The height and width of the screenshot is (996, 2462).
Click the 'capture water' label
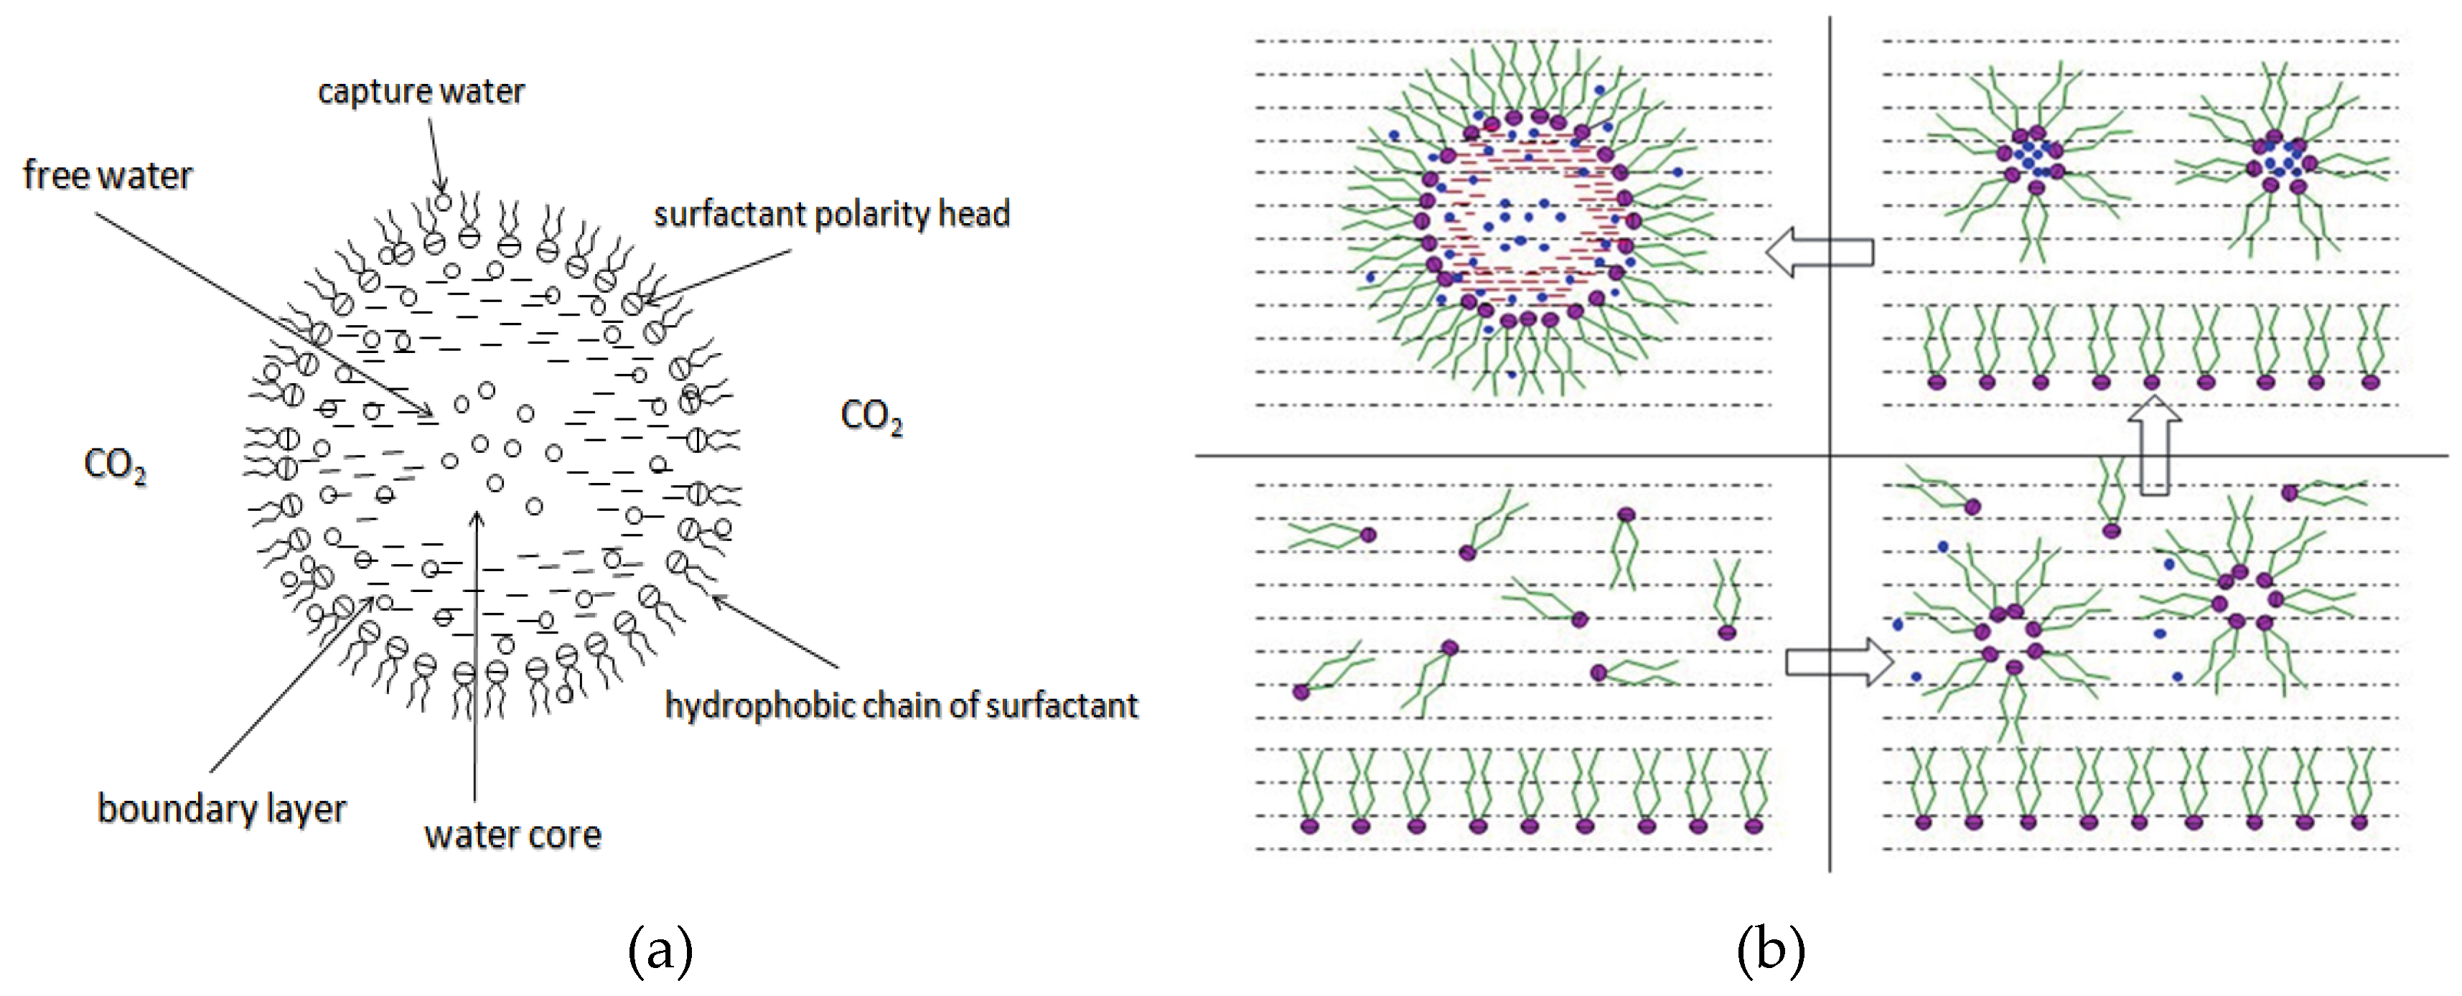click(x=421, y=92)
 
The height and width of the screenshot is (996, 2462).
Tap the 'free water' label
click(x=107, y=176)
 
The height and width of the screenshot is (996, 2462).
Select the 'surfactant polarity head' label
click(x=831, y=214)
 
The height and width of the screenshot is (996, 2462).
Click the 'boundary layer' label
click(x=222, y=809)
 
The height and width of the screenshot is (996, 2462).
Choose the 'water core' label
click(x=512, y=835)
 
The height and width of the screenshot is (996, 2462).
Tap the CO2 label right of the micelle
click(x=871, y=417)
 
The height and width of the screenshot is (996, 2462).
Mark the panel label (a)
click(x=660, y=950)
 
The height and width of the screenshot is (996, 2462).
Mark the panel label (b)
click(x=1770, y=950)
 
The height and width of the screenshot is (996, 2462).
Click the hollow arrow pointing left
click(x=1818, y=253)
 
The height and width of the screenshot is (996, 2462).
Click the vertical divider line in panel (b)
click(x=1830, y=669)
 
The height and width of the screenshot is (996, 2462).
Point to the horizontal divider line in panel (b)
click(x=1529, y=456)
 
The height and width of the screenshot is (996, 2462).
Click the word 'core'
click(x=567, y=835)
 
